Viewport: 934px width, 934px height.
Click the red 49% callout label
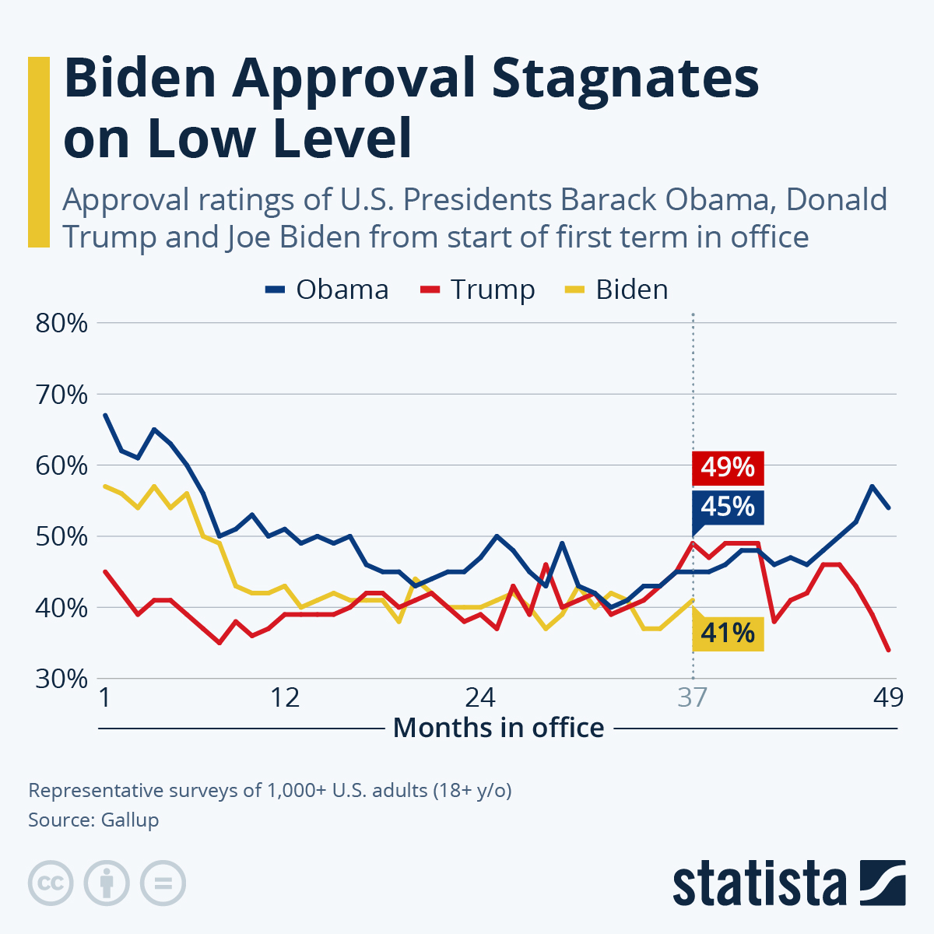pos(728,468)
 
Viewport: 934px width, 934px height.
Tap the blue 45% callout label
pos(728,507)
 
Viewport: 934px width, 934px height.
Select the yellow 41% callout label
pos(728,633)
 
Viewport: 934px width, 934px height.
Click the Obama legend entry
pos(327,290)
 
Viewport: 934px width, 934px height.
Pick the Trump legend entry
pos(478,290)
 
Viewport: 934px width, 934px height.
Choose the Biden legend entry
pos(616,290)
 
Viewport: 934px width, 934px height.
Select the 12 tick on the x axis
pos(286,697)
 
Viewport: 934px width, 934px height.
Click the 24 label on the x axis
pos(480,697)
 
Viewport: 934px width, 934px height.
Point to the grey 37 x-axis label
pos(692,697)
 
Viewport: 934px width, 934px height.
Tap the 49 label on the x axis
pos(887,697)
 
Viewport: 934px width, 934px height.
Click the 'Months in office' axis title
pos(499,728)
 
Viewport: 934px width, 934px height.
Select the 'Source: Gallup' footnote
pos(93,820)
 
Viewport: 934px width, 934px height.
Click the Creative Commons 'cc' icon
pos(51,883)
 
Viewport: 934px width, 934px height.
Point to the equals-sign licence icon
pos(163,883)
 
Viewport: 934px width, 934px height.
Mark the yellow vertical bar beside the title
pos(39,152)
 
